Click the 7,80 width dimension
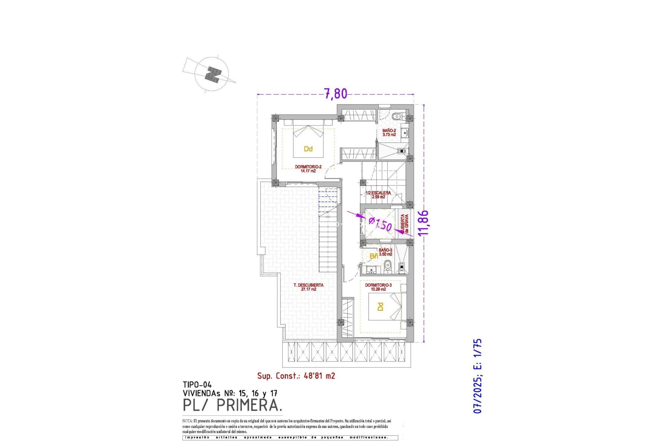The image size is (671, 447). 335,94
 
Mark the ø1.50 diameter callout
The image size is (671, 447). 380,223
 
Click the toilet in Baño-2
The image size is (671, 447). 397,117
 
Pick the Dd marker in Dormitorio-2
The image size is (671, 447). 308,149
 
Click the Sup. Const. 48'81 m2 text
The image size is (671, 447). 296,376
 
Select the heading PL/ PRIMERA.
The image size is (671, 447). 232,405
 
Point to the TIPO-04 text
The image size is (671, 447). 197,385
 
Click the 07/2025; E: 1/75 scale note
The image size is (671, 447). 477,376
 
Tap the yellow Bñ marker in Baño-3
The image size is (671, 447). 374,256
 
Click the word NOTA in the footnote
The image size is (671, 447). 187,421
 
